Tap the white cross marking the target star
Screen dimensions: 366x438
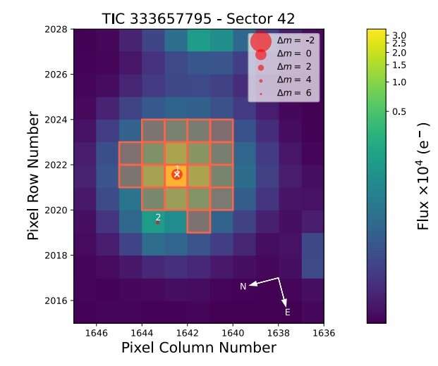tap(176, 173)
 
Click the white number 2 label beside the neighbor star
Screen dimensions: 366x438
tap(158, 217)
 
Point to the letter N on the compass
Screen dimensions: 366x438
tap(243, 286)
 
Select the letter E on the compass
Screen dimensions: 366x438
tap(287, 312)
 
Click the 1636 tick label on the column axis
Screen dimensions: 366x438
tap(324, 333)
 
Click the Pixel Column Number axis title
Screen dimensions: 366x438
tap(198, 348)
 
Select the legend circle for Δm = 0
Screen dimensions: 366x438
tap(261, 54)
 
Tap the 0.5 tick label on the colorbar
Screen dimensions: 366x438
tap(400, 111)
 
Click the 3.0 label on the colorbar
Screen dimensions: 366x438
tap(400, 34)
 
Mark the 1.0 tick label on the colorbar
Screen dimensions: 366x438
tap(400, 82)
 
